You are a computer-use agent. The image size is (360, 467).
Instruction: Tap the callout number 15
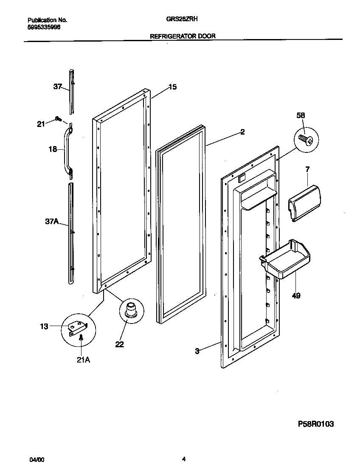[172, 87]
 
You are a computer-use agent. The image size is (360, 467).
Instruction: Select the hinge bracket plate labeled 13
[77, 327]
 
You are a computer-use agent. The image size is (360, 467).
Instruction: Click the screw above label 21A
[81, 337]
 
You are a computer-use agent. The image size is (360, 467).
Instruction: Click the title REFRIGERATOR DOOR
[183, 37]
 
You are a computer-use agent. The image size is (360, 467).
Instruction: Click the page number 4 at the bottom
[183, 459]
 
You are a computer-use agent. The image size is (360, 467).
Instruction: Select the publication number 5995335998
[44, 26]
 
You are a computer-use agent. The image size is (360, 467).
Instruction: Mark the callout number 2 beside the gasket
[242, 132]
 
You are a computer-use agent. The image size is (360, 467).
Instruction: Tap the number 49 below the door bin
[296, 295]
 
